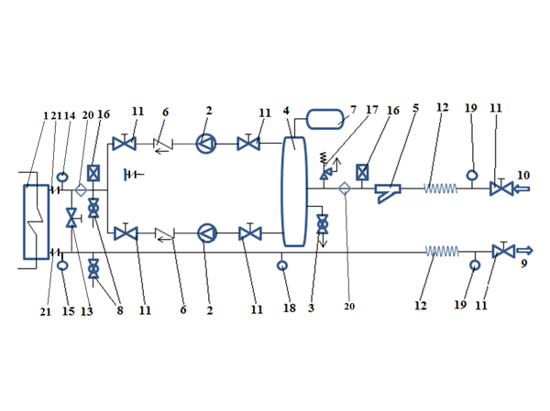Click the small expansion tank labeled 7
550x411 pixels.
tap(322, 118)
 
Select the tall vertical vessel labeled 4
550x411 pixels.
tap(293, 190)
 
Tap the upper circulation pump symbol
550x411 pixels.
tap(207, 144)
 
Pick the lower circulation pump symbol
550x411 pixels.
tap(207, 233)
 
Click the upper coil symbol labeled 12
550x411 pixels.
tap(440, 189)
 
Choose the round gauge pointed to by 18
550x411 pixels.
tap(283, 266)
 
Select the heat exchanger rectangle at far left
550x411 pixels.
tap(36, 222)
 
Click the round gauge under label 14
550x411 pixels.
tap(62, 177)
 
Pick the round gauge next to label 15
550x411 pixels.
tap(62, 265)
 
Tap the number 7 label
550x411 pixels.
tap(352, 112)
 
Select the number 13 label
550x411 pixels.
tap(86, 311)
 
